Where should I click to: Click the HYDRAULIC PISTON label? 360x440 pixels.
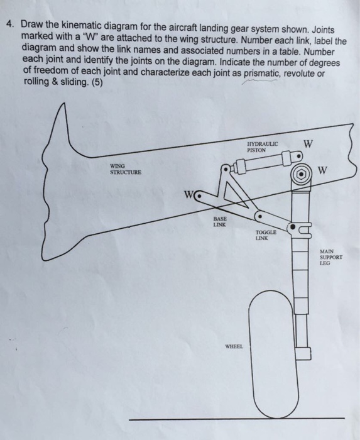[263, 147]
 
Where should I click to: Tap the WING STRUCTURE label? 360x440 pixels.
[126, 169]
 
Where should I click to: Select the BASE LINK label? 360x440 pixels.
[220, 221]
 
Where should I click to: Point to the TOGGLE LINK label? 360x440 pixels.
[266, 235]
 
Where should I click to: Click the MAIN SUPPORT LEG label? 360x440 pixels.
[331, 257]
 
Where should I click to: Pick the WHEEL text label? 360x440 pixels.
[234, 346]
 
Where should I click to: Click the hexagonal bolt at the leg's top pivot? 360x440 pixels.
[301, 174]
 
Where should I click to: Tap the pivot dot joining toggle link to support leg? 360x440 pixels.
[292, 226]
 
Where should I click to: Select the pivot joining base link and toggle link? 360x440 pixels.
[260, 216]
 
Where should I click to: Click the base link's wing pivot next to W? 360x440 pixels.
[199, 196]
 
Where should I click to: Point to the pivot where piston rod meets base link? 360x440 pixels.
[226, 170]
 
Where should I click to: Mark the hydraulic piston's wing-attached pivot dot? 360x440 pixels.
[298, 156]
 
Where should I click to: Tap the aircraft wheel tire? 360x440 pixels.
[273, 354]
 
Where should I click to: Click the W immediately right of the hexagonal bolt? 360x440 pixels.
[322, 170]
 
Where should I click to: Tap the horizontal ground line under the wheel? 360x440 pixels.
[237, 419]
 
